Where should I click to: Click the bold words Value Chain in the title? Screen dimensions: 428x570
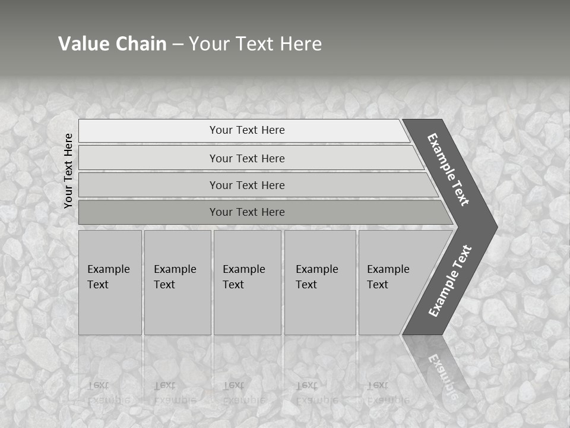(112, 43)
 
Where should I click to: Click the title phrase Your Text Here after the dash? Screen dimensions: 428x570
(255, 43)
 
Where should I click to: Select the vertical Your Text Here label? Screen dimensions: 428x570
(68, 171)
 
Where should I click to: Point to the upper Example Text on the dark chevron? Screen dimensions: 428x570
(448, 169)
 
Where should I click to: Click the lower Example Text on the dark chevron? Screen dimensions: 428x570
(450, 281)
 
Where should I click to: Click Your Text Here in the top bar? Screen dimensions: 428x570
(247, 130)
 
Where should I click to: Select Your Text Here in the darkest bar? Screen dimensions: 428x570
(247, 212)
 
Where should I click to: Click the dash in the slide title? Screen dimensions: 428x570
(178, 44)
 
